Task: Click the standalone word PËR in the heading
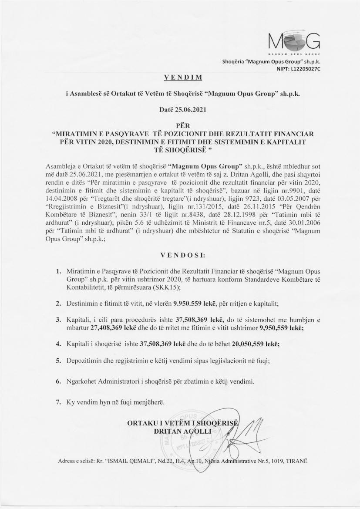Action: (x=180, y=125)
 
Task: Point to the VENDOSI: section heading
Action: (x=180, y=254)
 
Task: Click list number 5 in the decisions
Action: (x=58, y=361)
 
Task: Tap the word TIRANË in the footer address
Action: (x=296, y=462)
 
